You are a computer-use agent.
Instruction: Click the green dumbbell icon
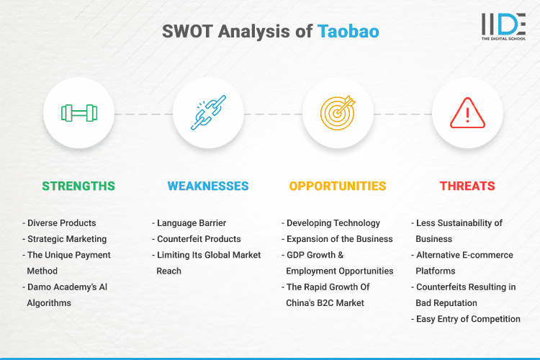(x=78, y=113)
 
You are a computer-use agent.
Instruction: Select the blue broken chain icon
(x=207, y=113)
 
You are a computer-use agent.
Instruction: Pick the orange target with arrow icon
(x=338, y=113)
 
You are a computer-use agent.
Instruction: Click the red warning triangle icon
(x=467, y=113)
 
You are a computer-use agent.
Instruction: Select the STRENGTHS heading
(x=78, y=186)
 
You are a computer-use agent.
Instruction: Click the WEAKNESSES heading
(x=208, y=186)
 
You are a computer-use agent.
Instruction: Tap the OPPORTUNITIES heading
(x=338, y=186)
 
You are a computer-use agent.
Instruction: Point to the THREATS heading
(x=467, y=186)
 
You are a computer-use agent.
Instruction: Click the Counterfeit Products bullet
(x=199, y=239)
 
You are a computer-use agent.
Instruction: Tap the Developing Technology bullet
(x=332, y=223)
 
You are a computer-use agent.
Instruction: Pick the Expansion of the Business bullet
(x=338, y=239)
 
